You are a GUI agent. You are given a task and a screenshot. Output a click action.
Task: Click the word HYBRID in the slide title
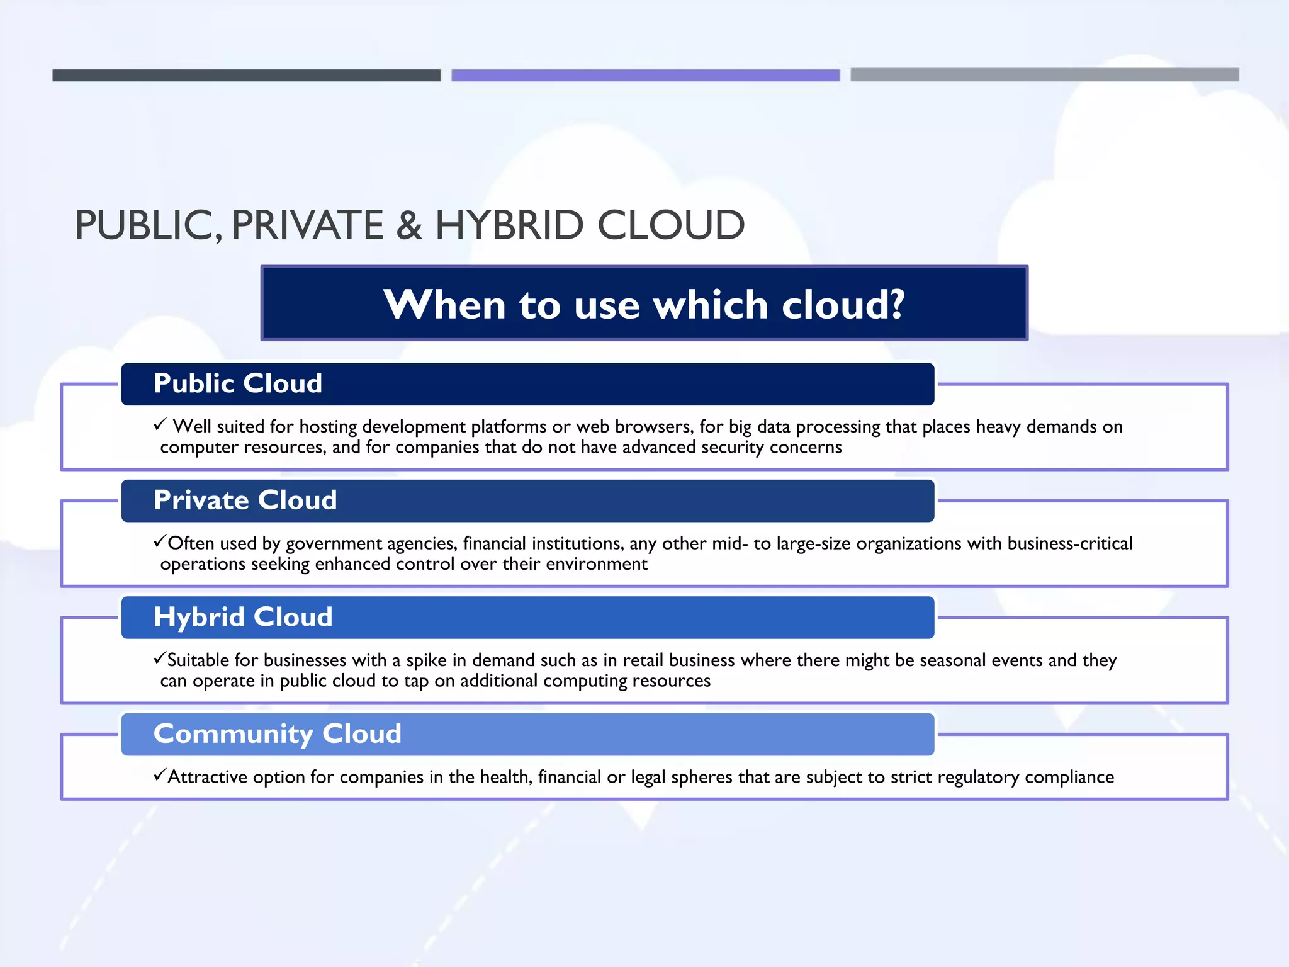click(509, 225)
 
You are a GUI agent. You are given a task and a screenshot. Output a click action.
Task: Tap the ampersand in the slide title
click(409, 225)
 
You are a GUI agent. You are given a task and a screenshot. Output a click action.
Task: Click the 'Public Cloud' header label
click(238, 383)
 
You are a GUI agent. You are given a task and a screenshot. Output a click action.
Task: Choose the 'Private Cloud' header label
click(245, 500)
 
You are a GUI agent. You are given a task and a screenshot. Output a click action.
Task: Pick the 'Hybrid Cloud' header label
click(243, 617)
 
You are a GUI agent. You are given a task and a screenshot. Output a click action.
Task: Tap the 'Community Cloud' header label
click(278, 733)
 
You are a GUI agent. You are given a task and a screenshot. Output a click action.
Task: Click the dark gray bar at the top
click(246, 75)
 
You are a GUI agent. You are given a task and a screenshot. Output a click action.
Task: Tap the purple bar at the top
click(645, 75)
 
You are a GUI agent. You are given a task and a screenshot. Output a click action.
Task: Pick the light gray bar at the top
click(1044, 74)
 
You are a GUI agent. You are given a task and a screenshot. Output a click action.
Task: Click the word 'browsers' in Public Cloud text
click(654, 427)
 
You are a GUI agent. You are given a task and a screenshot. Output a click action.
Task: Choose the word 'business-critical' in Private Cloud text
click(1069, 543)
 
